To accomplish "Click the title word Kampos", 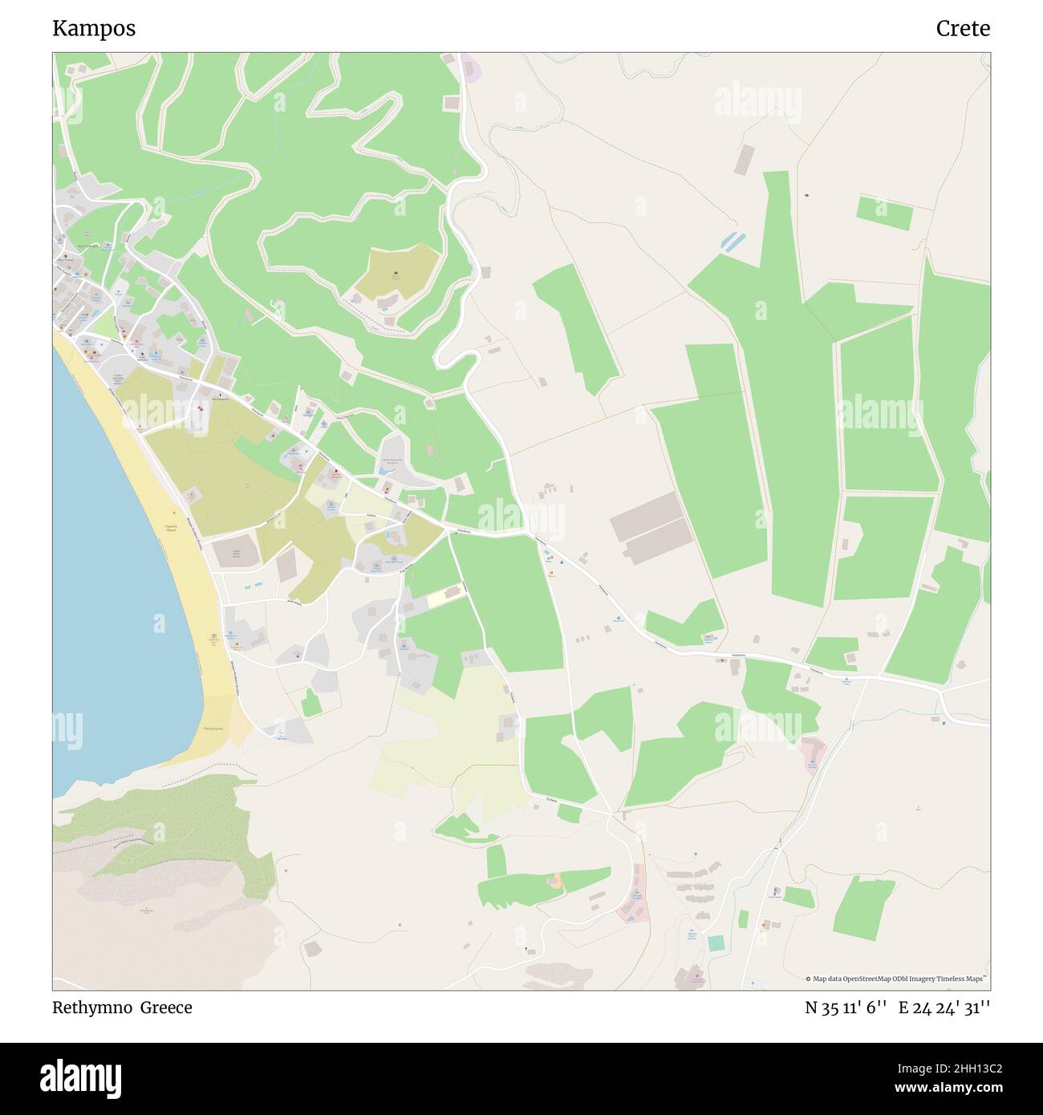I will [x=94, y=28].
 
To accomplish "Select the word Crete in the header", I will [x=962, y=28].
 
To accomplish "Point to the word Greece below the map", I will [x=166, y=1008].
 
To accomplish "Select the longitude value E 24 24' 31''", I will [x=944, y=1008].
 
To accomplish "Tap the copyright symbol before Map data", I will [x=809, y=979].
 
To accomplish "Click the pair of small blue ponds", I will [x=733, y=240].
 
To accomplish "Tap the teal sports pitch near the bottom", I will [x=715, y=943].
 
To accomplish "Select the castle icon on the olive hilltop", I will [x=396, y=274].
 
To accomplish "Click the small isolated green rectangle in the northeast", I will [x=883, y=212].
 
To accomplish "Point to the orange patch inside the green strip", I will [x=555, y=881].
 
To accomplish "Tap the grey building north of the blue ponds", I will [x=745, y=159].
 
